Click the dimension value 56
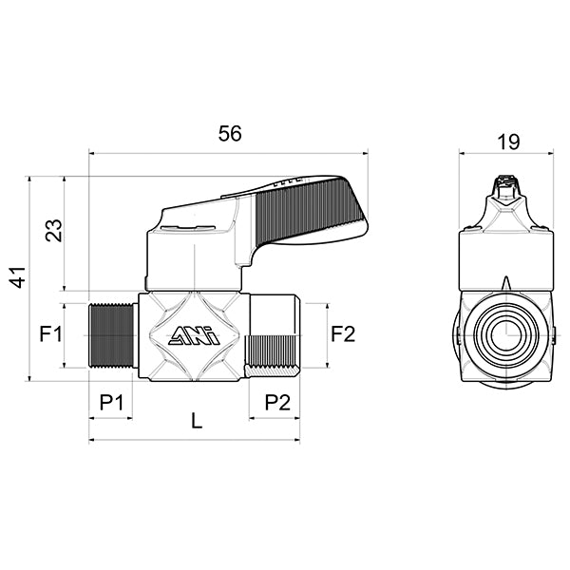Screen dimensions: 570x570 229,134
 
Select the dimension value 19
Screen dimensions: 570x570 508,142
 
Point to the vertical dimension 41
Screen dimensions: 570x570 16,277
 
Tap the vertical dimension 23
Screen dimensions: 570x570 54,231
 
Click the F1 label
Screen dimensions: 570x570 50,334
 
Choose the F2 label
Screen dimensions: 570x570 342,334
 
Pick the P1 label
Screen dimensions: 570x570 112,402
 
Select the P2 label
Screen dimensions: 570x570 276,402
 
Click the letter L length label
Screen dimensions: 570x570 197,422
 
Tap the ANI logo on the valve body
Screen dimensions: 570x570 194,336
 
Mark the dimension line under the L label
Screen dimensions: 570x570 197,440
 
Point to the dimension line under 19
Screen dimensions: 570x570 508,152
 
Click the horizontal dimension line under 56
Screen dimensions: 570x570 229,150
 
